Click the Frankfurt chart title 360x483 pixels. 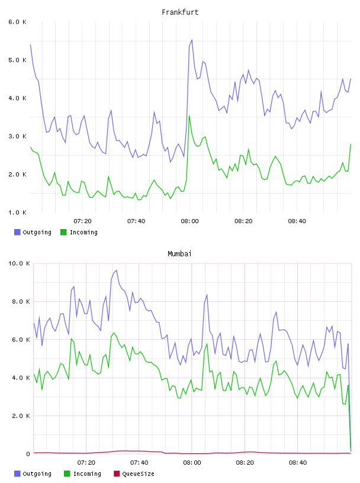pos(180,12)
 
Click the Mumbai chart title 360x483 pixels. pos(179,254)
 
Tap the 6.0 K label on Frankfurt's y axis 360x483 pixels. pos(17,22)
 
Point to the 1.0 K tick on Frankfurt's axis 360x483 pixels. pos(17,212)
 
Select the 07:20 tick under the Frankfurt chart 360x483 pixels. pos(83,221)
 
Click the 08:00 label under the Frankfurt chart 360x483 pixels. pos(190,221)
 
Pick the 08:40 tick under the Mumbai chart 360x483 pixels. pos(298,463)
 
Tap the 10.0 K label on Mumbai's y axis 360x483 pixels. pos(19,263)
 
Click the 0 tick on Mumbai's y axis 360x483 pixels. pos(28,454)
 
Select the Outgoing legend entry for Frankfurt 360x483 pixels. pos(33,232)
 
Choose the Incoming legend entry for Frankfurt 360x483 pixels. pos(79,232)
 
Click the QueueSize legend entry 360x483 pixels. pos(134,474)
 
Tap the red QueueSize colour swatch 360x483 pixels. pos(117,474)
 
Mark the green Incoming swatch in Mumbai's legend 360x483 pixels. pos(67,474)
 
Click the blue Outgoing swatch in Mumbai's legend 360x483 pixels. pos(17,474)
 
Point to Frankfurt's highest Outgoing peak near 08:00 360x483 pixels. pos(192,40)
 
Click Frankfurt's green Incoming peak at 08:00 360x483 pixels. pos(189,116)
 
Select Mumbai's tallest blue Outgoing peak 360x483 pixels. pos(116,270)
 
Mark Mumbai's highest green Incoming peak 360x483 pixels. pos(114,333)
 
